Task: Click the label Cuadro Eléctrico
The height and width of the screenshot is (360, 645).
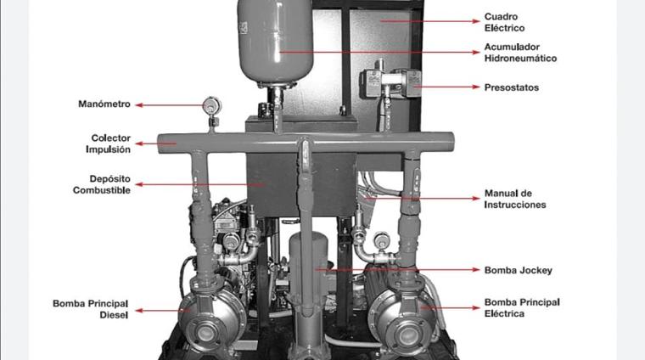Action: point(504,22)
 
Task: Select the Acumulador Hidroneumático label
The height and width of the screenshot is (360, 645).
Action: point(520,53)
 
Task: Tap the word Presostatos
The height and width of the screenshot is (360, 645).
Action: point(511,87)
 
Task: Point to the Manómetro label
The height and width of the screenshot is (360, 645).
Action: point(104,104)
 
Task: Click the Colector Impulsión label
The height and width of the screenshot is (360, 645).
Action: point(108,143)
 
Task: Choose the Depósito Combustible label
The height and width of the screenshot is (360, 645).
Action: point(102,184)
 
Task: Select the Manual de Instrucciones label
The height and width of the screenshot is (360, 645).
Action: point(514,200)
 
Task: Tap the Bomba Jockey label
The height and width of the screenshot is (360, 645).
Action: point(518,270)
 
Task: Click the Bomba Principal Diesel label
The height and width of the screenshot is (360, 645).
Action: point(91,309)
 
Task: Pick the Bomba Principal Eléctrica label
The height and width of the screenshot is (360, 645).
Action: point(522,308)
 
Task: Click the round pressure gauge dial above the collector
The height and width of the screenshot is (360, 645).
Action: point(212,106)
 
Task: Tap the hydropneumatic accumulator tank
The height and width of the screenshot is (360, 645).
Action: point(276,41)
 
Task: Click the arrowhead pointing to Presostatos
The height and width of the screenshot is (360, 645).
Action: point(476,87)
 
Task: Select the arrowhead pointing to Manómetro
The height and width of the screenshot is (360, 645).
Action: point(139,105)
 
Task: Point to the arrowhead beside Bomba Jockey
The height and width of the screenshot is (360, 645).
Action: point(476,270)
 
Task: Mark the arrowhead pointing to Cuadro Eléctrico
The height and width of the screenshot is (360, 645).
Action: point(476,21)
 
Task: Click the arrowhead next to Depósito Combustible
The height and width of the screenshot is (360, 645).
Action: point(139,184)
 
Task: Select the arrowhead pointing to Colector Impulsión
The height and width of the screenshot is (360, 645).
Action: point(139,143)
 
